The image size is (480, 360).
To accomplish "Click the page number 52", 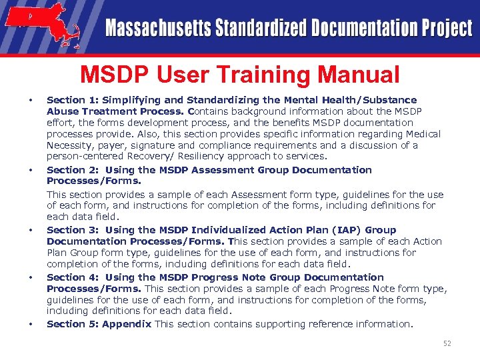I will pos(447,343).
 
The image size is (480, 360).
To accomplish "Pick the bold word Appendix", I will pos(127,324).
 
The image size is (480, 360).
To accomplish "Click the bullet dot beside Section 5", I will pos(31,325).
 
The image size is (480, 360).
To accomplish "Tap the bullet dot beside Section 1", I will pos(31,101).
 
